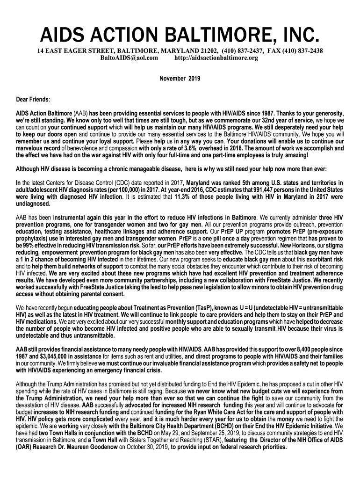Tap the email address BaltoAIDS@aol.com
tap(130, 58)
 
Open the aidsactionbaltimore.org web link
tap(216, 58)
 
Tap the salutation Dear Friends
tap(33, 100)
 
